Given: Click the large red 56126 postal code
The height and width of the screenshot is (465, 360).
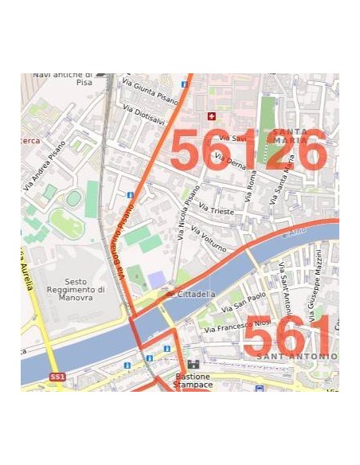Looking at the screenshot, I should pyautogui.click(x=248, y=150).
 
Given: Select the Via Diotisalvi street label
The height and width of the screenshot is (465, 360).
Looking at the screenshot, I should pyautogui.click(x=143, y=115).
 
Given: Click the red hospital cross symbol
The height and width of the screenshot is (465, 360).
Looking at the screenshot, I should pyautogui.click(x=211, y=116).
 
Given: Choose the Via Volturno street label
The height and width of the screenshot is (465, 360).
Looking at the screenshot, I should pyautogui.click(x=208, y=236).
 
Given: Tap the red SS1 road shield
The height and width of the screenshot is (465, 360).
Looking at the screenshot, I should pyautogui.click(x=57, y=377).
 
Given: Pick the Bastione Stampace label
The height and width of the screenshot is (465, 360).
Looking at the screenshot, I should pyautogui.click(x=193, y=381).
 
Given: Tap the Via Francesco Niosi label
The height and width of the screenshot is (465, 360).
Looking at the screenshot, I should pyautogui.click(x=237, y=323).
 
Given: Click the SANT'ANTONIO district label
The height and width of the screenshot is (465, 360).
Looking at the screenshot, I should pyautogui.click(x=302, y=356).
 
